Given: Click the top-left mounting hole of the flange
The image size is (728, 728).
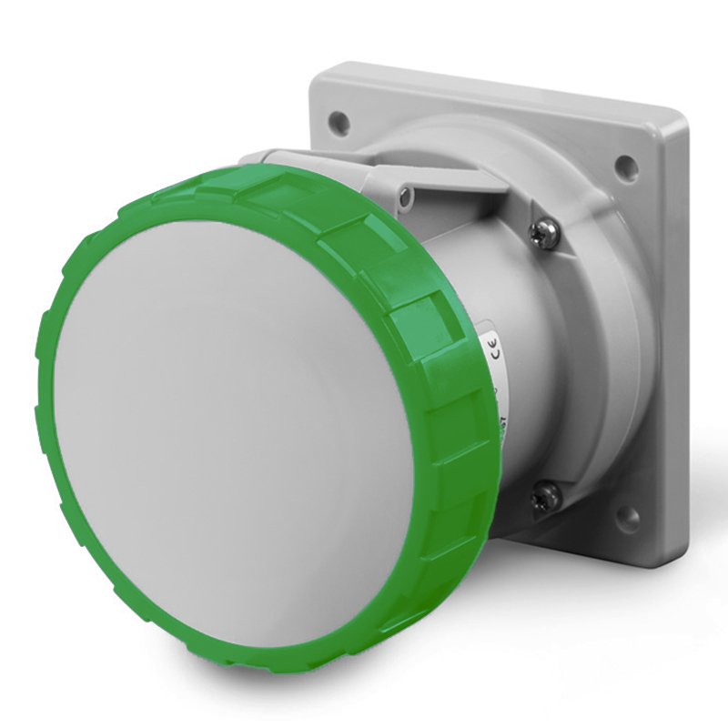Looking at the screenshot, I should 339,118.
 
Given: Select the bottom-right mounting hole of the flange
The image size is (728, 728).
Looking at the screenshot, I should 628,519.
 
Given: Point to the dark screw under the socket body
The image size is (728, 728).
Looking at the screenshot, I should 546,496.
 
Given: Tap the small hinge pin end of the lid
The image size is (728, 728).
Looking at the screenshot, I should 406,193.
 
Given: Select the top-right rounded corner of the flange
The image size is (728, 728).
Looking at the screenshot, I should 678,118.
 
